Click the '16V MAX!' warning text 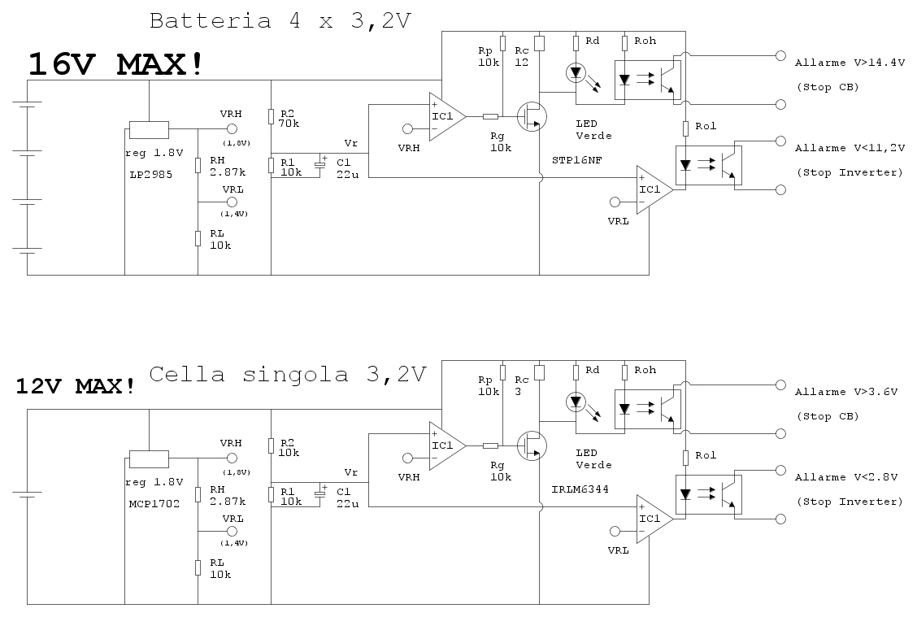115,64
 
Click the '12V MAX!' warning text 76,386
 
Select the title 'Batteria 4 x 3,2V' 280,21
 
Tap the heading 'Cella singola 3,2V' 288,374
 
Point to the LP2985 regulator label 151,174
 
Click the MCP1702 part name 154,503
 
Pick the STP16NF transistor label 576,160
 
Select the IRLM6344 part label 580,489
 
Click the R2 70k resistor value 289,124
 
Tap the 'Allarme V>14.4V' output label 850,63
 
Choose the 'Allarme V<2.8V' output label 845,477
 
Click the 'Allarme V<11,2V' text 850,148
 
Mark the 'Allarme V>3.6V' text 845,392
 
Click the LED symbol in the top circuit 576,73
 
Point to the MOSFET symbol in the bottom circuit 532,445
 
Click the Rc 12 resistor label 522,57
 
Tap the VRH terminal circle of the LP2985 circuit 233,129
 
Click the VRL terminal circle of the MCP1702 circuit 233,531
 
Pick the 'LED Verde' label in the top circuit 593,130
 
